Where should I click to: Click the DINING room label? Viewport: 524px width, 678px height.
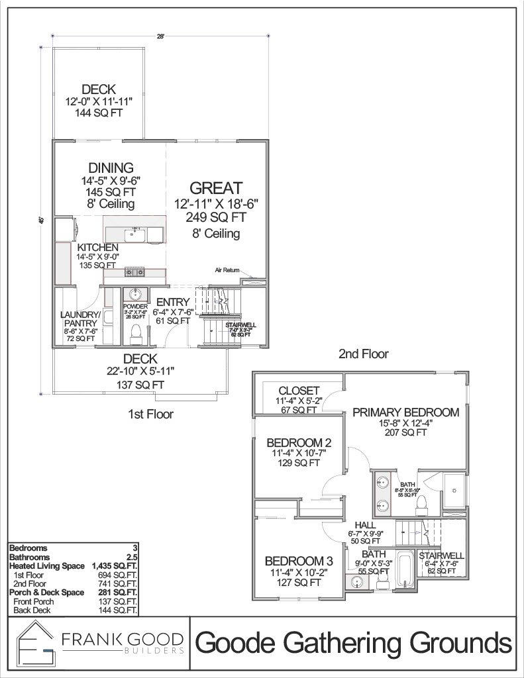(x=111, y=168)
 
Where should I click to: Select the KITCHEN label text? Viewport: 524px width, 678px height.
(x=97, y=247)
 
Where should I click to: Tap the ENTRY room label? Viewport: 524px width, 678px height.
(x=174, y=303)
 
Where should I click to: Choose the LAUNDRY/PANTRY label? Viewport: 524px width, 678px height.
(x=80, y=319)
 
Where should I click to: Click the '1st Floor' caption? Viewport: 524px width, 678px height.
(x=150, y=414)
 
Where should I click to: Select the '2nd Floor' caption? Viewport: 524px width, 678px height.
(x=363, y=354)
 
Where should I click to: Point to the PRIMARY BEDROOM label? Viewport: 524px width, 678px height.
(x=405, y=412)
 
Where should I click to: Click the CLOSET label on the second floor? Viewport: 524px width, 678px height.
(x=299, y=391)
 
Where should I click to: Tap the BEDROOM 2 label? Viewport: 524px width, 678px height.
(x=299, y=442)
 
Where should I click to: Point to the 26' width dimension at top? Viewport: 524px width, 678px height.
(x=160, y=38)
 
